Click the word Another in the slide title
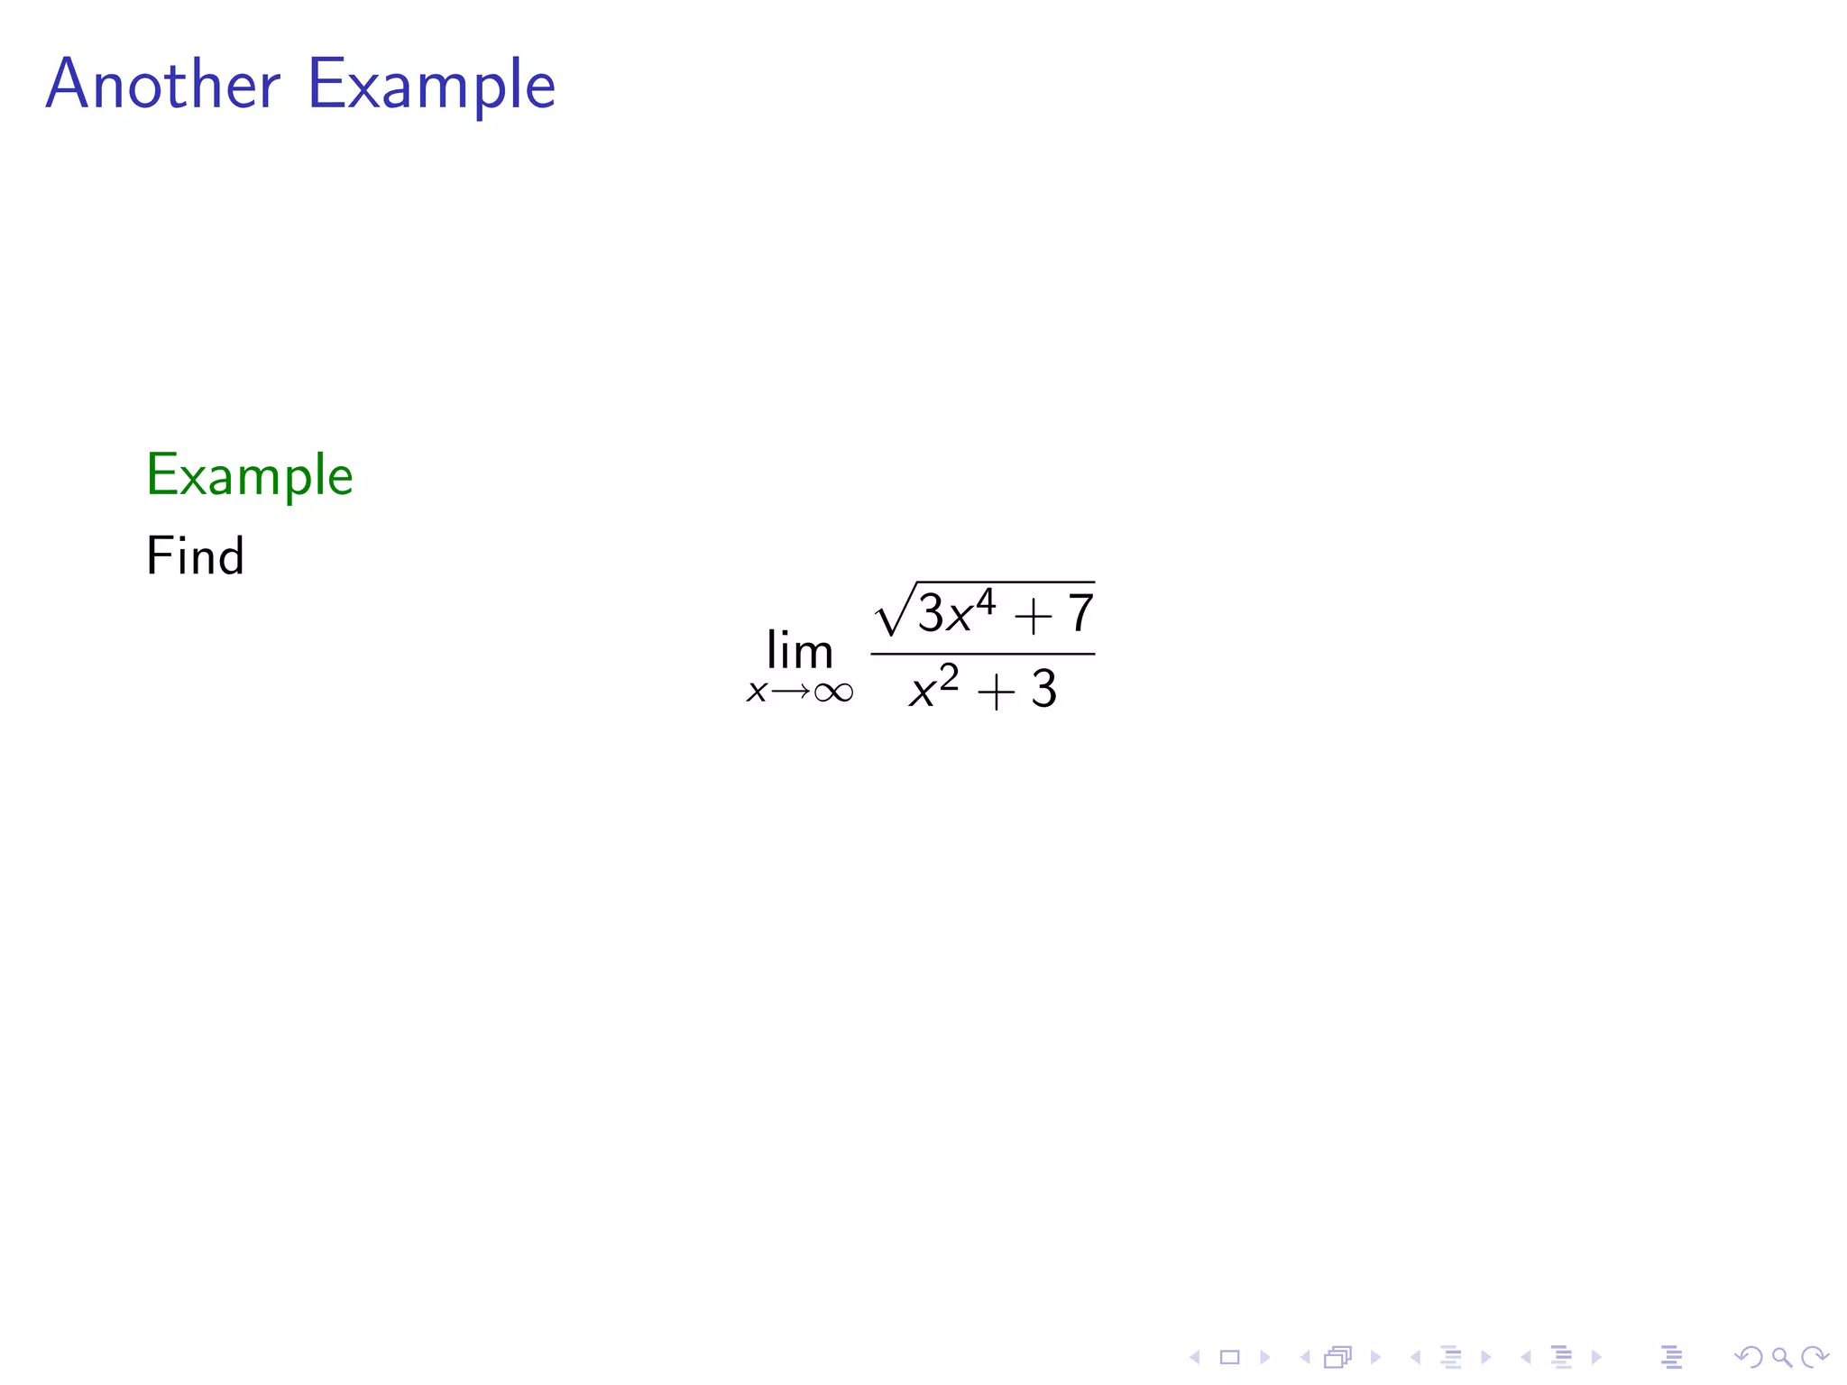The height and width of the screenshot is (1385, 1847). (x=163, y=84)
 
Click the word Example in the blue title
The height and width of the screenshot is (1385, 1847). (x=431, y=86)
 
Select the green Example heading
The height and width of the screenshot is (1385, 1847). (x=249, y=475)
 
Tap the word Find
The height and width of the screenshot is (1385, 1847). (x=195, y=555)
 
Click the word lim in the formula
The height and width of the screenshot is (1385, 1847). (x=799, y=650)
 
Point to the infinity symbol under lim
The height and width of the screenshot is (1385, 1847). (x=833, y=692)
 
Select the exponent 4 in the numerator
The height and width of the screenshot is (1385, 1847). (x=986, y=601)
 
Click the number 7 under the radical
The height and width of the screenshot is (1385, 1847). (x=1080, y=614)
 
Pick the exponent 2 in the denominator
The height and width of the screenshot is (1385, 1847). (x=949, y=676)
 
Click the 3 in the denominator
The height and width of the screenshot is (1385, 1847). (x=1044, y=690)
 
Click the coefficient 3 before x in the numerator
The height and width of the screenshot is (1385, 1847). (x=931, y=614)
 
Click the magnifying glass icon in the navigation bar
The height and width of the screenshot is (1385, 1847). (x=1781, y=1357)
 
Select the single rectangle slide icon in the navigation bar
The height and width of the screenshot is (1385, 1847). (x=1230, y=1357)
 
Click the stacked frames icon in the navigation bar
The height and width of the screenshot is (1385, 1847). (x=1338, y=1357)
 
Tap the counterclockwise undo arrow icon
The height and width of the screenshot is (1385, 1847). (x=1748, y=1357)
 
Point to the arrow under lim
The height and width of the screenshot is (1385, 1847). (x=790, y=692)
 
